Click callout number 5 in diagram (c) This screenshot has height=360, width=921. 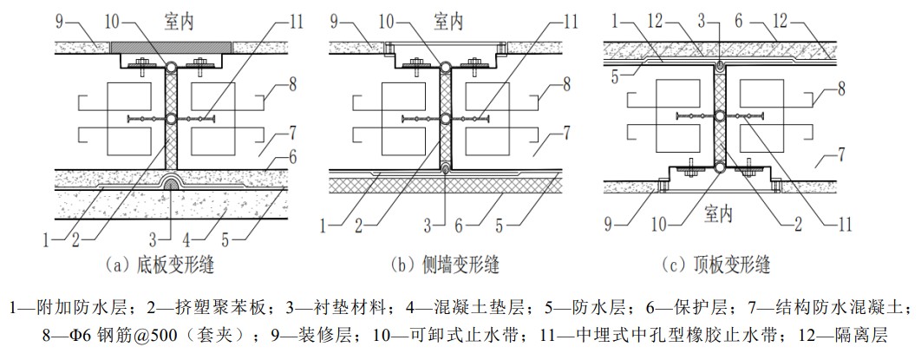coord(614,75)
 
